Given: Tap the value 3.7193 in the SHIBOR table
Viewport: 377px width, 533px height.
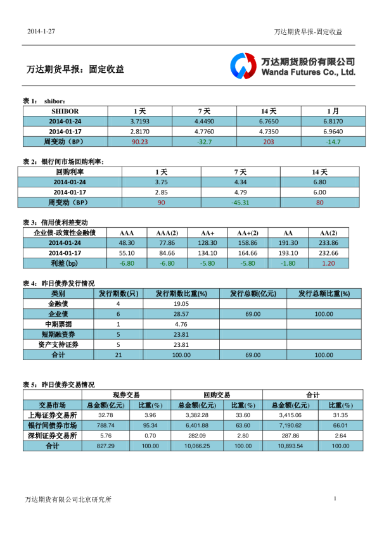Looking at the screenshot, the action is click(140, 120).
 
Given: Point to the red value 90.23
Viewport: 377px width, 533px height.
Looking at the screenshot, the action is click(140, 141).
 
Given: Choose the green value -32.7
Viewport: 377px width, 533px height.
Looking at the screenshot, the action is click(204, 141).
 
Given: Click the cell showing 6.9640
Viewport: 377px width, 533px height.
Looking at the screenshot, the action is click(333, 131).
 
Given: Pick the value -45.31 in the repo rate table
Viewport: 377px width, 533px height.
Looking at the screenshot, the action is click(240, 203).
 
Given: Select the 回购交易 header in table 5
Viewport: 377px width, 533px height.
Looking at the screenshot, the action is click(217, 394).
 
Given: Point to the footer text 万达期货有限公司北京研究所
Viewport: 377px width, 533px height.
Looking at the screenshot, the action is click(68, 499).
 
